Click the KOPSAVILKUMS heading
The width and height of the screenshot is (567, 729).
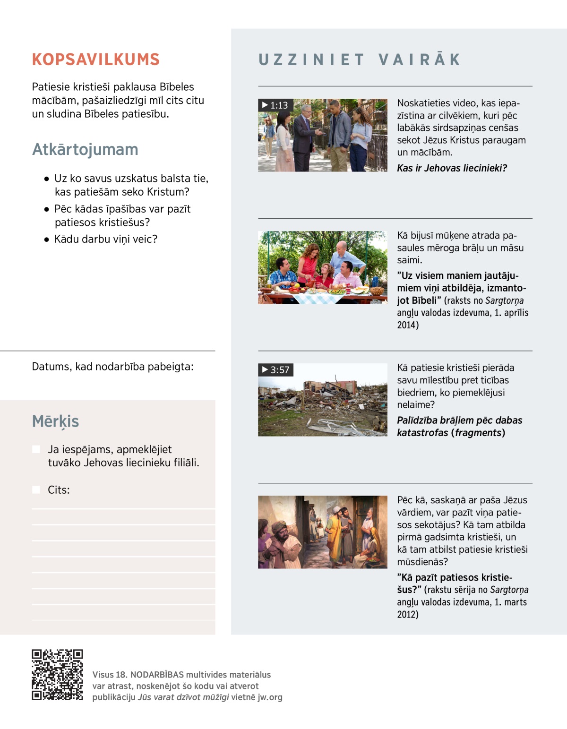[x=96, y=60]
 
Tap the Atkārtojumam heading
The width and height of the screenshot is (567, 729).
[x=85, y=149]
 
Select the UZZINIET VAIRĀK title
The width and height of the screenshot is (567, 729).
[x=360, y=60]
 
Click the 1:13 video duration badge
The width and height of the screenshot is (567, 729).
[x=275, y=105]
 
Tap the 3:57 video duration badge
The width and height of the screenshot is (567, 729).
[x=275, y=369]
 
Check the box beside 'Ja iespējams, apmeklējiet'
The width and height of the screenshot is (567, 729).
[x=36, y=449]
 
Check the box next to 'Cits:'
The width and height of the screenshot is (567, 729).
[x=36, y=490]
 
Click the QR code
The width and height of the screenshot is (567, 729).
[x=57, y=675]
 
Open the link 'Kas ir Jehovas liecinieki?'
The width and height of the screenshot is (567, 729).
[x=452, y=168]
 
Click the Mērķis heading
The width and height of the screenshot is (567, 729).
[x=55, y=421]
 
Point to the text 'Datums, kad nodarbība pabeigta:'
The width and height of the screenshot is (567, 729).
[x=112, y=367]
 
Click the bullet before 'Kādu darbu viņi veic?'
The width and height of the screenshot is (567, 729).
[x=46, y=240]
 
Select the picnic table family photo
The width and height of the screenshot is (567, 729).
[x=322, y=267]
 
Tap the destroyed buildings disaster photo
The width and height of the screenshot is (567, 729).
[x=322, y=400]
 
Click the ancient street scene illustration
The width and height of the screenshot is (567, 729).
[x=322, y=532]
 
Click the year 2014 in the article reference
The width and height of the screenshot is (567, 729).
[x=407, y=325]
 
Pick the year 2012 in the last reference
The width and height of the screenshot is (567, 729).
[x=407, y=614]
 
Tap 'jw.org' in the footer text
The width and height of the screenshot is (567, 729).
[x=270, y=697]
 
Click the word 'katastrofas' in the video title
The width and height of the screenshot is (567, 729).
[x=422, y=433]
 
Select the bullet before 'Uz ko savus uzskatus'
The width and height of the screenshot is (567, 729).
[x=46, y=179]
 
